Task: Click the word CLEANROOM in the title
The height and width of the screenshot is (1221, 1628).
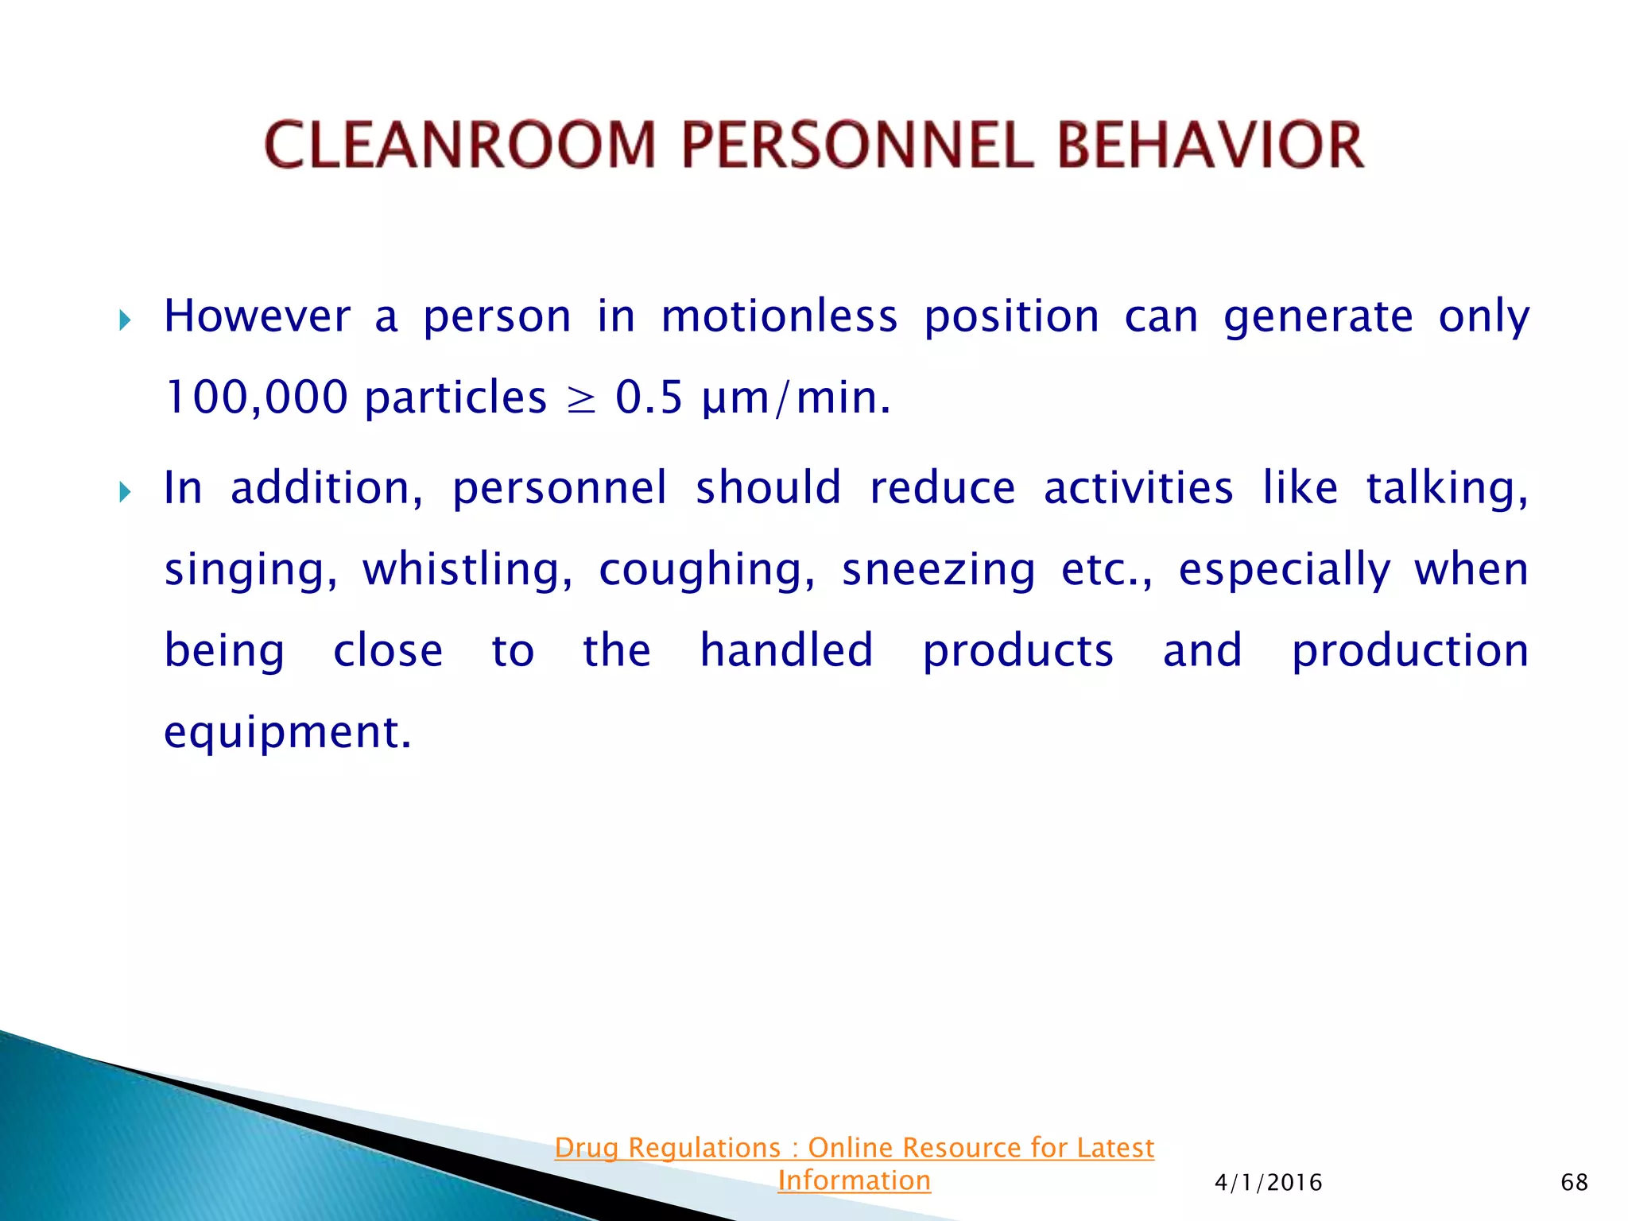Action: [x=459, y=145]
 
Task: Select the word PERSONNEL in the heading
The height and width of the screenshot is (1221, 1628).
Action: [x=858, y=145]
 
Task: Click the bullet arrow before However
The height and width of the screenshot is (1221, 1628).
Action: [x=125, y=320]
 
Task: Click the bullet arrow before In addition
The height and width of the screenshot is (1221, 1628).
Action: [x=125, y=492]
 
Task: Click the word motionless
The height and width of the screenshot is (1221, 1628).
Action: [x=779, y=316]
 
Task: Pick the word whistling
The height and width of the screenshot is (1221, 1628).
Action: [x=467, y=570]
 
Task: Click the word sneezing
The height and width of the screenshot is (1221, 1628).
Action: [x=939, y=570]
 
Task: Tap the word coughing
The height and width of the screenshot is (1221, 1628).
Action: [x=707, y=570]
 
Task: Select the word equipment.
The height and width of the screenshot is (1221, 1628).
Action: [x=287, y=732]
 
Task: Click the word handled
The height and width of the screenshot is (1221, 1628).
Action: [x=786, y=650]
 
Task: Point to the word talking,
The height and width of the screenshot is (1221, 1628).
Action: [x=1447, y=488]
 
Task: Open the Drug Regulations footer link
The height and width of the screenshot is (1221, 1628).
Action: [x=854, y=1149]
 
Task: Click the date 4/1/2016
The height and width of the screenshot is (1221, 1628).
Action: [x=1268, y=1182]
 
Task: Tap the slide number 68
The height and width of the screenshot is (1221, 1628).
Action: [x=1574, y=1182]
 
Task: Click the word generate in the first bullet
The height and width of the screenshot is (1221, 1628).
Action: [x=1318, y=317]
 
